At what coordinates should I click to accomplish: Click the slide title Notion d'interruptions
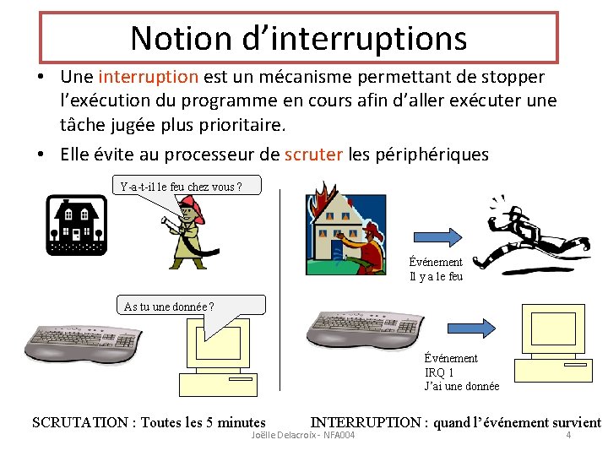298,37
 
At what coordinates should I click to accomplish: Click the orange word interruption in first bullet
149,77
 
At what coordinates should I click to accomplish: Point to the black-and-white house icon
76,225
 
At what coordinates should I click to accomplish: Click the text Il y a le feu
436,276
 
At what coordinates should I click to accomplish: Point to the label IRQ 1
439,372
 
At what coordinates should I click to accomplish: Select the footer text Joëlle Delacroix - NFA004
303,435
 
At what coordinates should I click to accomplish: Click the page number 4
568,435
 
